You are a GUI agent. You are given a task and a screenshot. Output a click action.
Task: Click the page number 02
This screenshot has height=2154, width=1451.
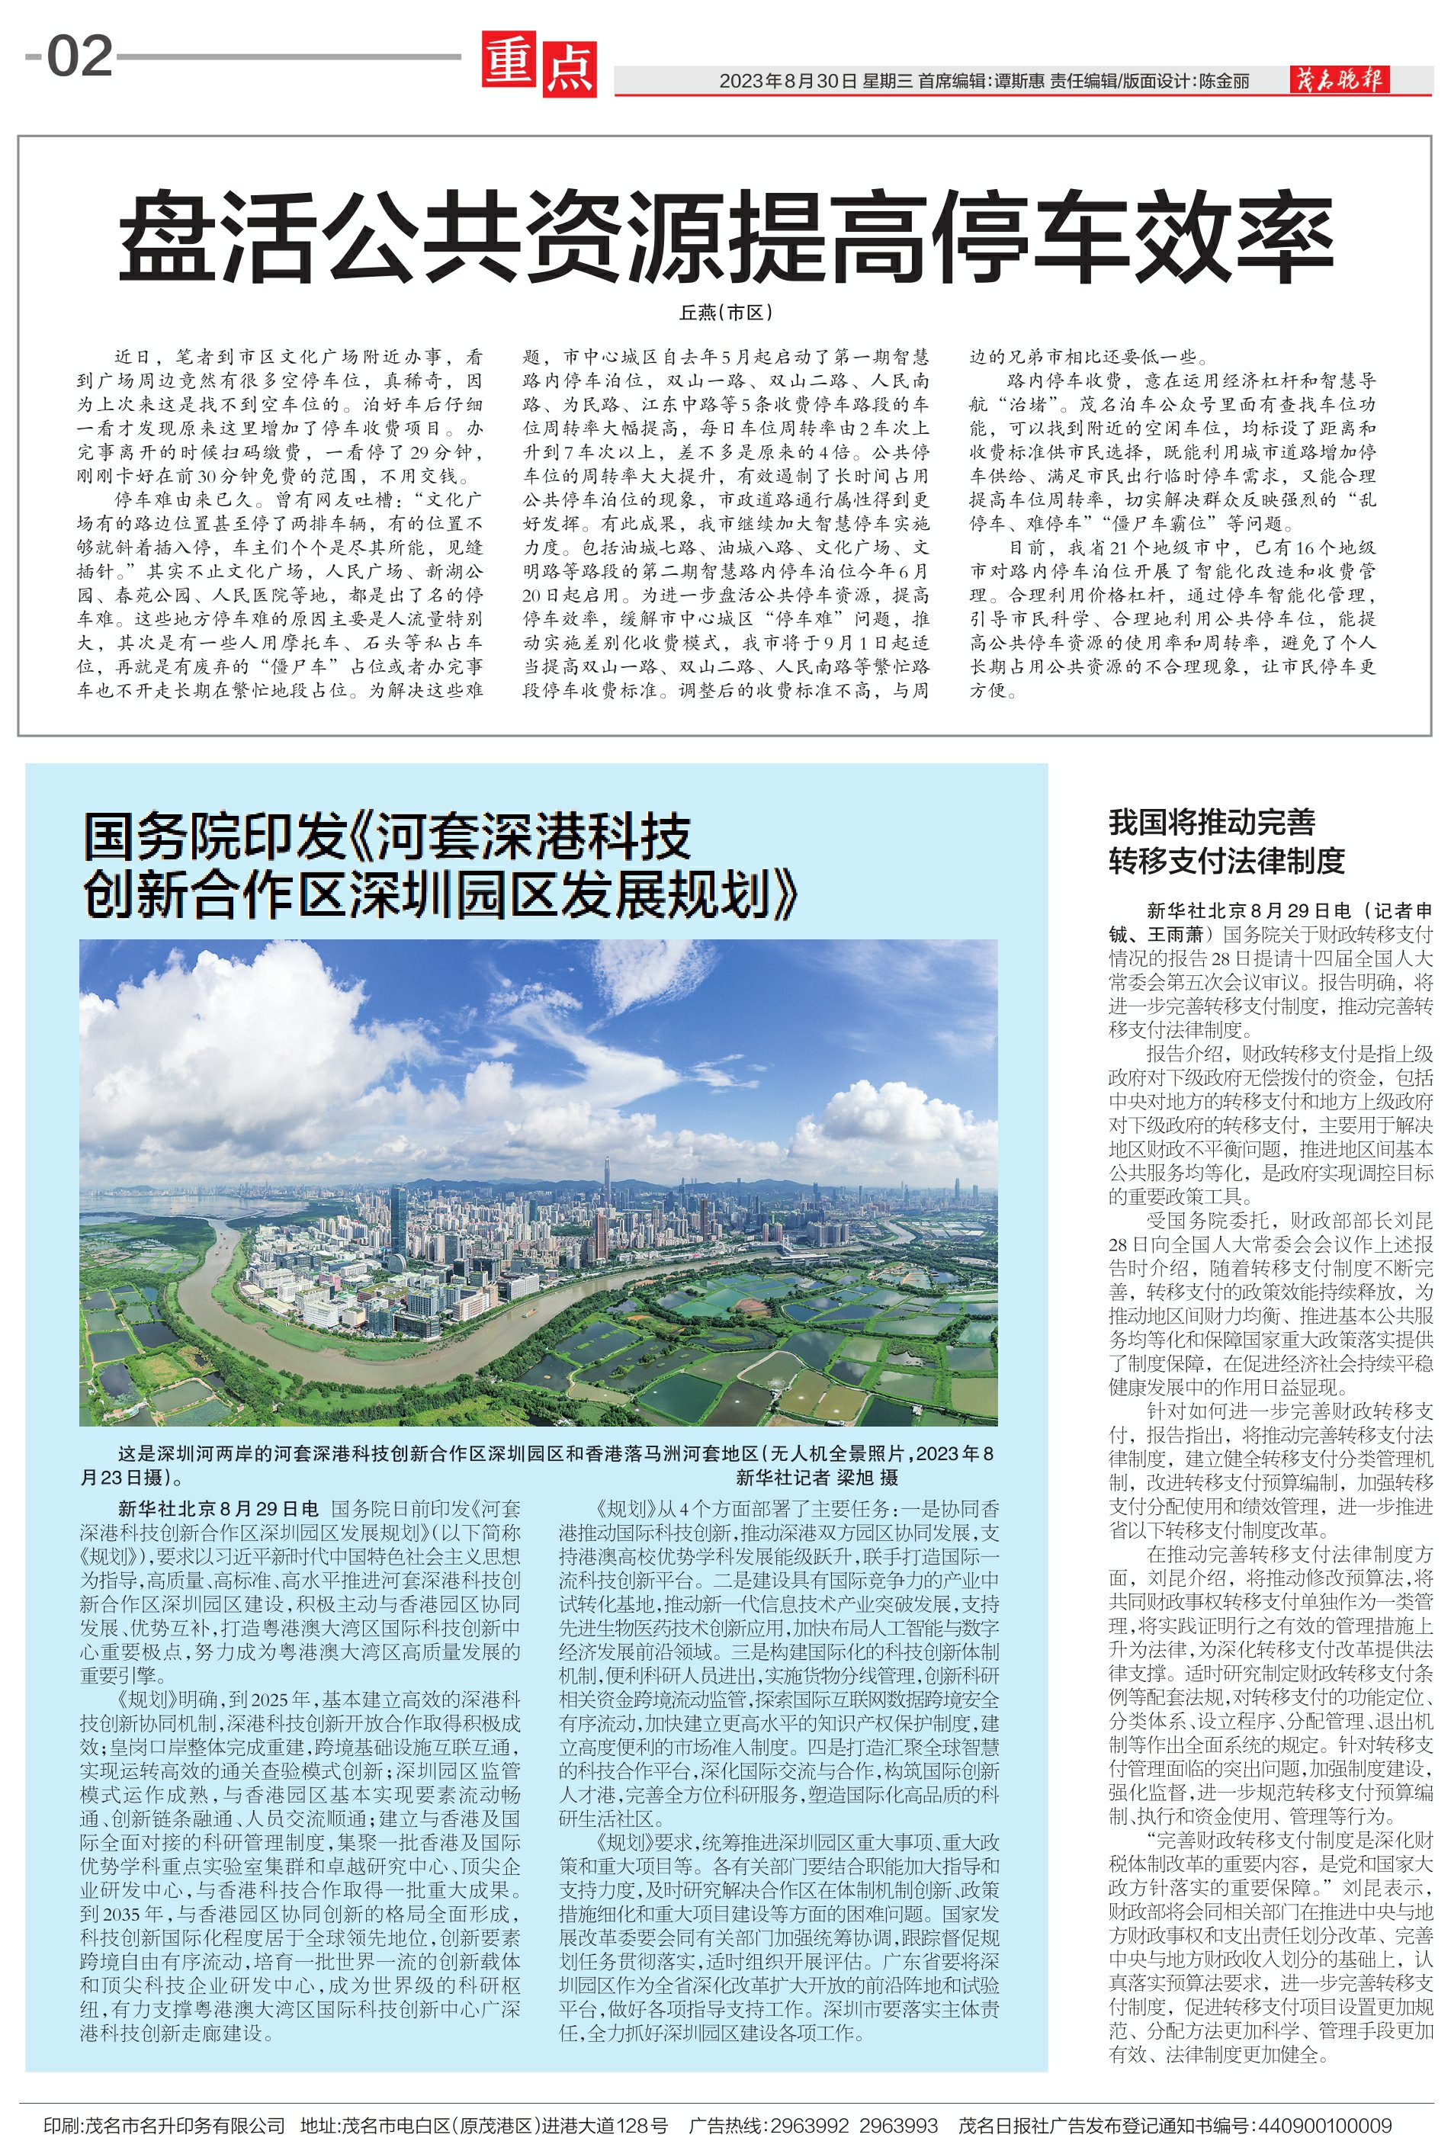click(x=79, y=58)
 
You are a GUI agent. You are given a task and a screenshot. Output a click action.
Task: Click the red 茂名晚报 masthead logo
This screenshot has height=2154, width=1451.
click(x=1340, y=81)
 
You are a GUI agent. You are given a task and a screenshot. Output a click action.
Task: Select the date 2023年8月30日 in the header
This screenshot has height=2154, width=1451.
click(x=788, y=82)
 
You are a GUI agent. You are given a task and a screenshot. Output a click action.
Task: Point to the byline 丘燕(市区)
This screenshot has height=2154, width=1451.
click(x=726, y=313)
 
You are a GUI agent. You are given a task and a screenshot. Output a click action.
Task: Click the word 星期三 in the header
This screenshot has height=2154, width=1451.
click(x=888, y=82)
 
